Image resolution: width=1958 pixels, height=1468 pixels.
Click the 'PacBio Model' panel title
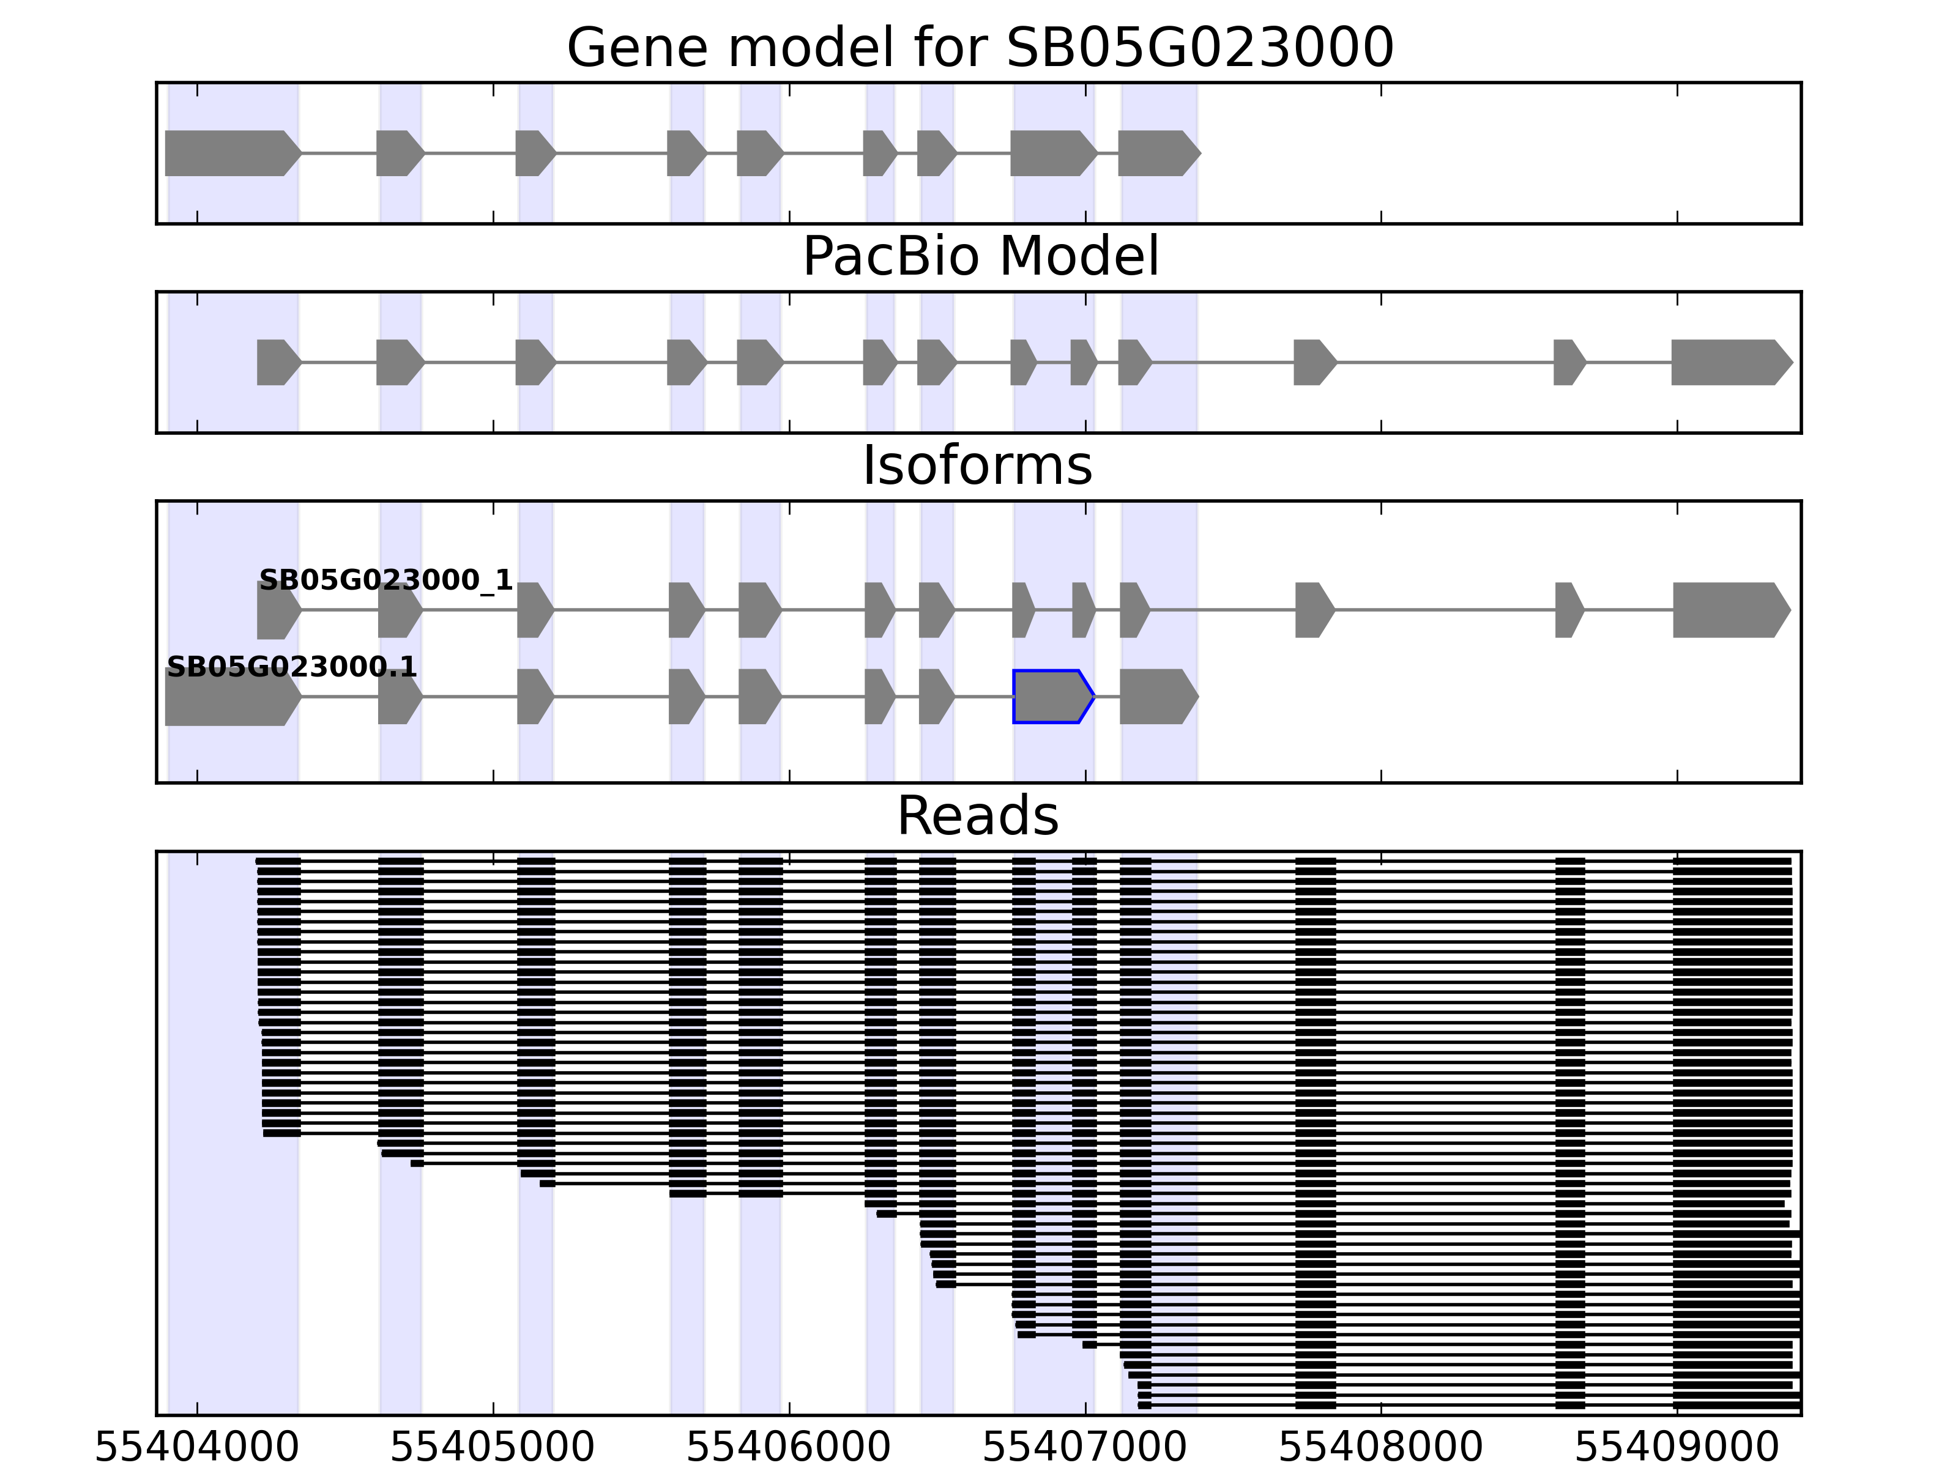point(980,257)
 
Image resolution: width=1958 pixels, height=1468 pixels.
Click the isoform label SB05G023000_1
point(385,580)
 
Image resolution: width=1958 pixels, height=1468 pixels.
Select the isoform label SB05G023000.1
point(291,666)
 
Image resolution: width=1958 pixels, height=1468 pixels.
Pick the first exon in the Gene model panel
point(230,153)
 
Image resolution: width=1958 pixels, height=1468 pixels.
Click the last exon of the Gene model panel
point(1157,153)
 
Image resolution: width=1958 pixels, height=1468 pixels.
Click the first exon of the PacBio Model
point(277,362)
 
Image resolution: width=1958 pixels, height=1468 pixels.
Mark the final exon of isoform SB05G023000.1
point(1157,697)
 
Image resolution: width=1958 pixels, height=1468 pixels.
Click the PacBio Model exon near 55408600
point(1568,362)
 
